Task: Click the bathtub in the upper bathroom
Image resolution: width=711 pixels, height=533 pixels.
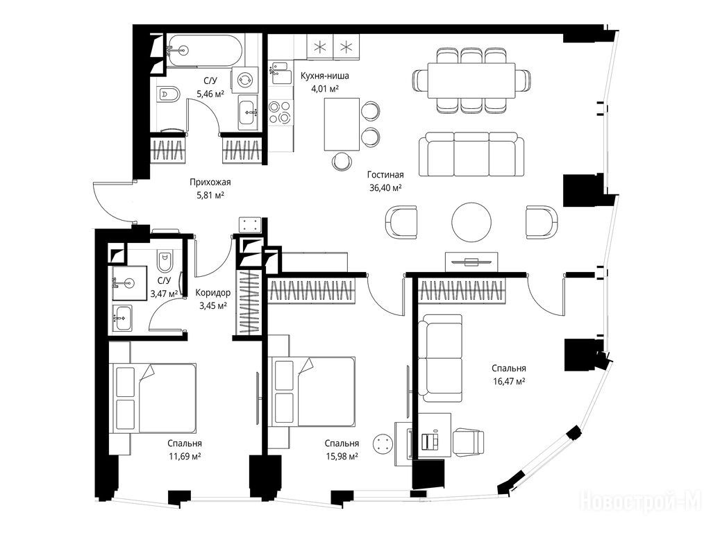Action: [203, 50]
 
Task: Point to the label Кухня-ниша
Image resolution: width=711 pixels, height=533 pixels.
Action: [325, 76]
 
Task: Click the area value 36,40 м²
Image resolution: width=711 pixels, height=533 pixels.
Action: [385, 187]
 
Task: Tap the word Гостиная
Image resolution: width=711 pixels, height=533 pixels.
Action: [385, 174]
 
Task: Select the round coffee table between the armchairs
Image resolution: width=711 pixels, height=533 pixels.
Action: [471, 222]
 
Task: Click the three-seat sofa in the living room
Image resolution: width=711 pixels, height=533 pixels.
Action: [471, 155]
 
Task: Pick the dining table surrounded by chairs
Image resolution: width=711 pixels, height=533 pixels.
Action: [471, 81]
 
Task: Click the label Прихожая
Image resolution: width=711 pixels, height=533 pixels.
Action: [210, 183]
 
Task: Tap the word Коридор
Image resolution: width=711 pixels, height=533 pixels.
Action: [212, 293]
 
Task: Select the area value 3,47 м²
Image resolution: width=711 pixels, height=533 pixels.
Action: [164, 294]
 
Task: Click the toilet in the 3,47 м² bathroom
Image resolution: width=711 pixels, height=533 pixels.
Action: [163, 260]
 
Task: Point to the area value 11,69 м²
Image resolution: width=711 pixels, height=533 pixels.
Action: [185, 456]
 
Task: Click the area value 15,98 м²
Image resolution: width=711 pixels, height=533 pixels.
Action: [342, 456]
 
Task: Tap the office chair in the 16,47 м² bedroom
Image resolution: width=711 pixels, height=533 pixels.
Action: [468, 441]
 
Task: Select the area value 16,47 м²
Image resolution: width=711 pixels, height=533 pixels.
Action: [509, 381]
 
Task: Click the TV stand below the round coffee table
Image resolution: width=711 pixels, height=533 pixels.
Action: [471, 262]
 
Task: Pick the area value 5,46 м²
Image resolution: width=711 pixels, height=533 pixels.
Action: [210, 94]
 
